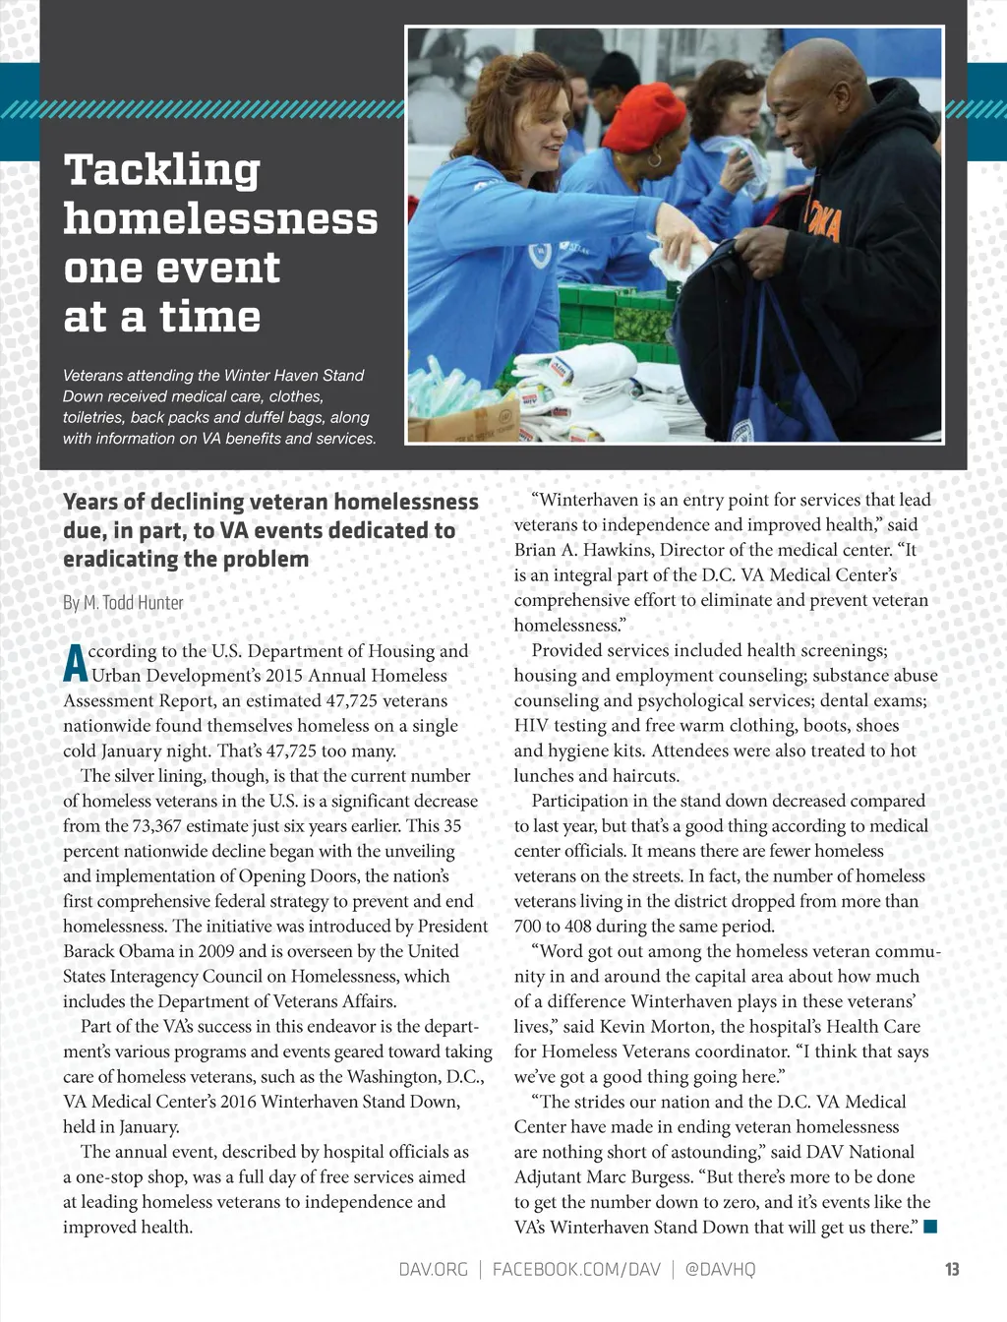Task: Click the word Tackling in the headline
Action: (x=162, y=170)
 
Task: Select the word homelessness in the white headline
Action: (x=220, y=218)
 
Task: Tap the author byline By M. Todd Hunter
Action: (x=123, y=602)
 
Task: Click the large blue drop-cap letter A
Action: (x=75, y=664)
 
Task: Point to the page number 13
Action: (x=951, y=1269)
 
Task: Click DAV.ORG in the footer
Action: (x=433, y=1269)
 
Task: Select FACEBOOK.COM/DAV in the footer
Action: (x=576, y=1269)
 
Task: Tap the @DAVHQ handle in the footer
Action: (x=720, y=1269)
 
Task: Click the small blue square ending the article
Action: (x=930, y=1226)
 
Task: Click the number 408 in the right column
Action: (x=579, y=926)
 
